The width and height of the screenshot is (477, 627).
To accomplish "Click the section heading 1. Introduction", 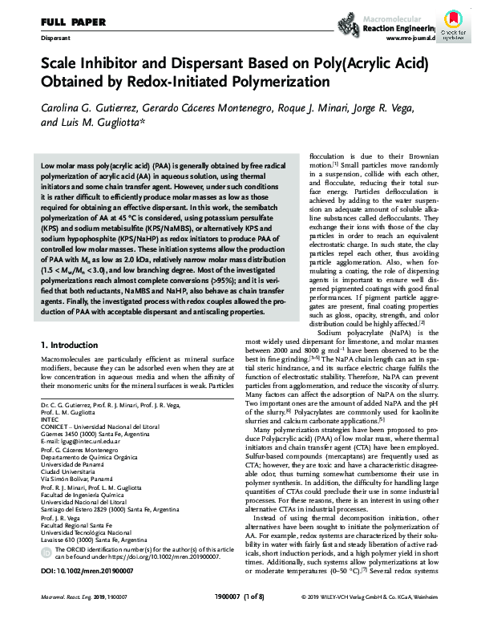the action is pos(74,344).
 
